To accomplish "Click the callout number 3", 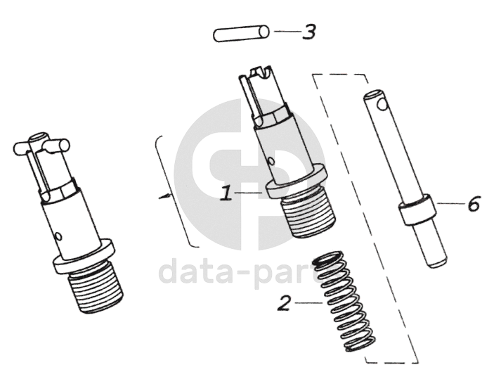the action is point(309,32).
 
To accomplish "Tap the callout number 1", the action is point(226,193).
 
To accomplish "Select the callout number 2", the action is point(284,303).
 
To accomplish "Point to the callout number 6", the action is point(474,204).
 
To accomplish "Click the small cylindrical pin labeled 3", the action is point(241,34).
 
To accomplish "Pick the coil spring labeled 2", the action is point(344,301).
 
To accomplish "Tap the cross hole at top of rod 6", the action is point(382,103).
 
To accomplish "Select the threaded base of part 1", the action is point(308,216).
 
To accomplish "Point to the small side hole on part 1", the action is point(271,161).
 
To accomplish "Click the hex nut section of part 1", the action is point(273,116).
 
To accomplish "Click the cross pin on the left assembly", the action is point(41,146).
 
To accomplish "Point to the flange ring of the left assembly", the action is point(83,256).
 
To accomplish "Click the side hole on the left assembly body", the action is point(58,236).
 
